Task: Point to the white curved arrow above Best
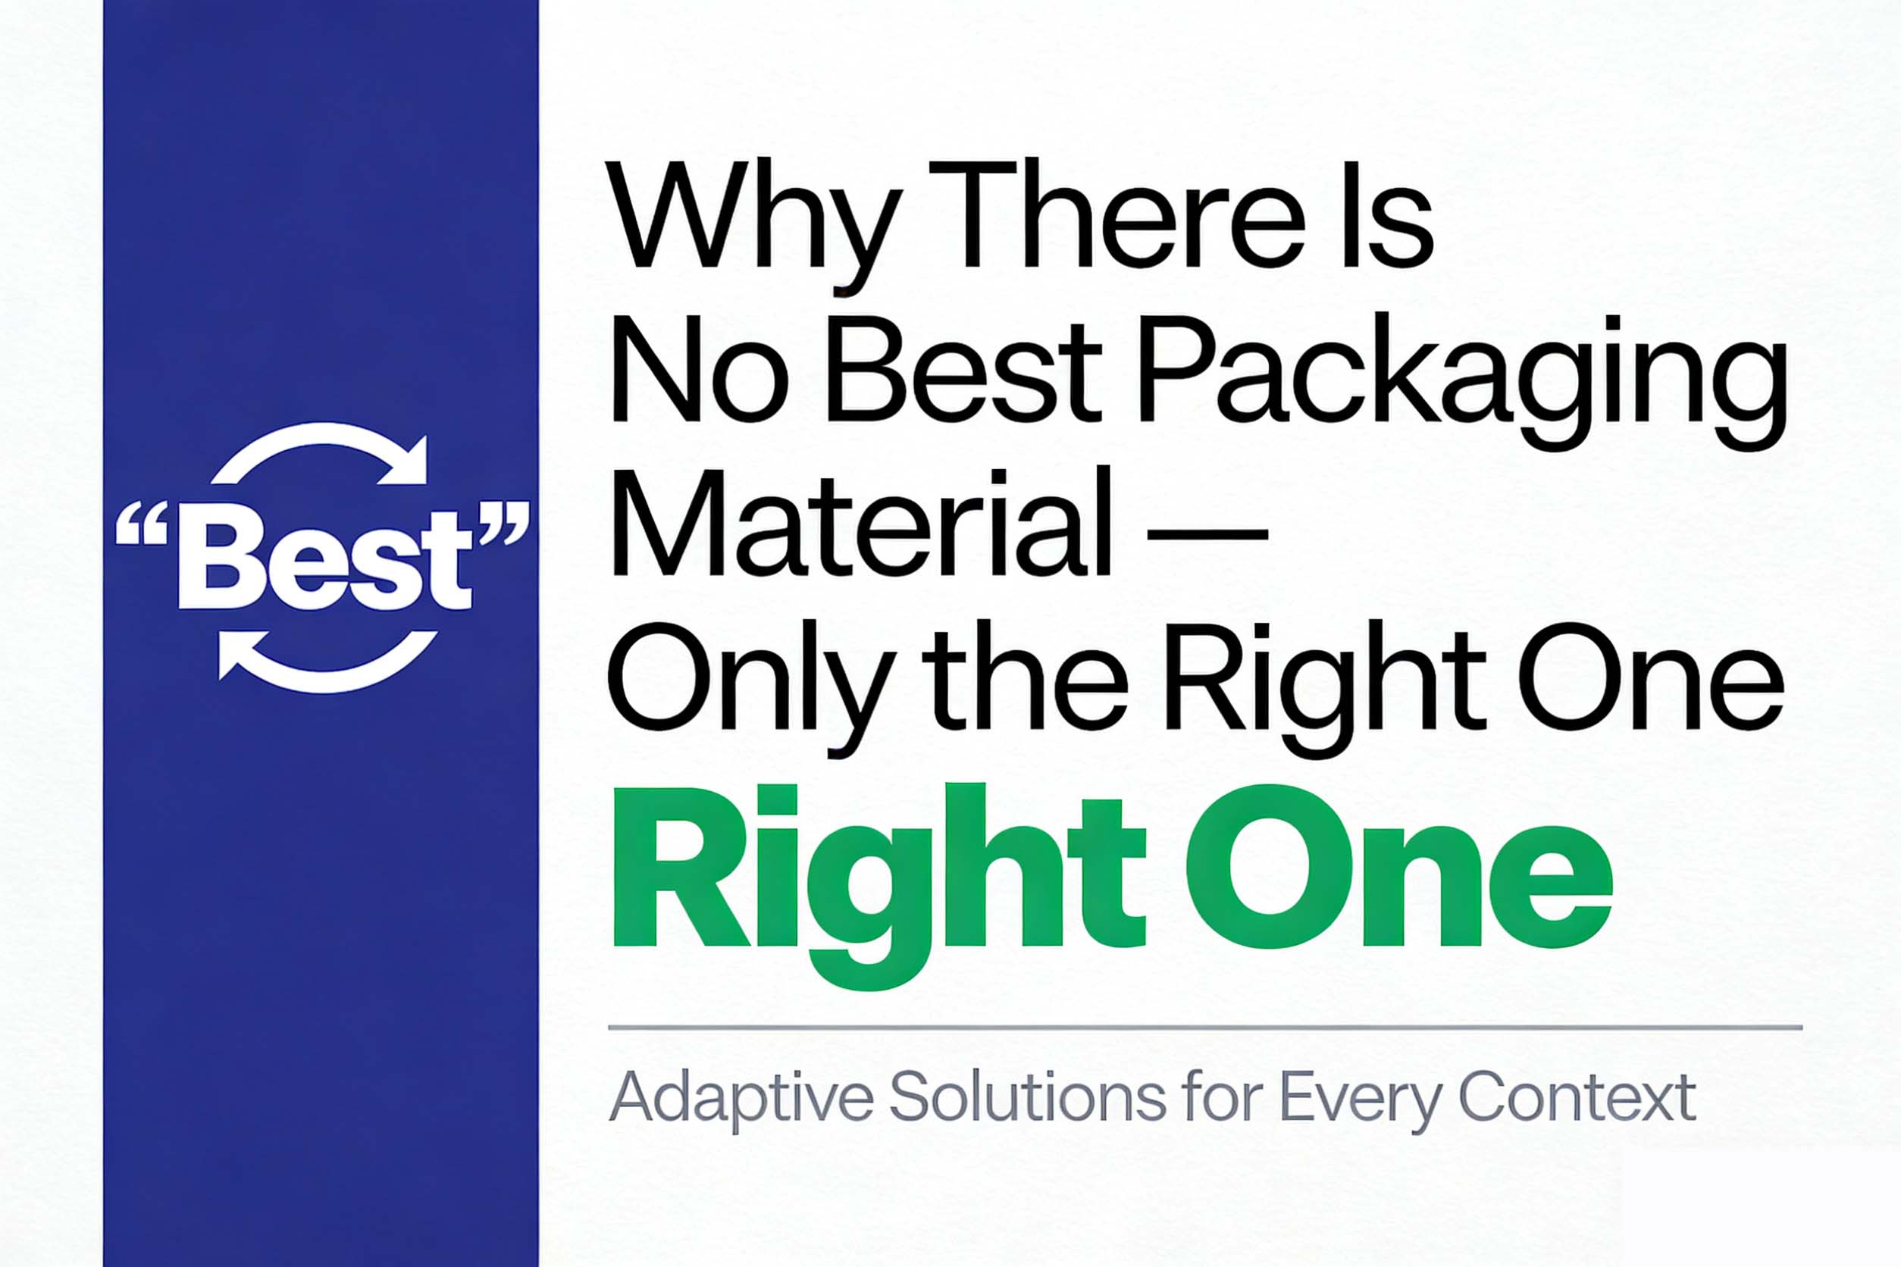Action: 324,452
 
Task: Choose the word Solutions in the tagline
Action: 1027,1097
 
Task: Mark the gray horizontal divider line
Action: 1205,1028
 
